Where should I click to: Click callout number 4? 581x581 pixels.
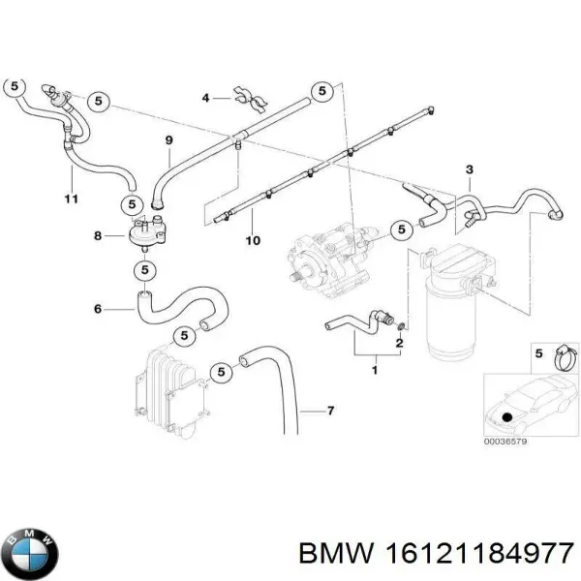click(205, 98)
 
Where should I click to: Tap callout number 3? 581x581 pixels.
click(469, 170)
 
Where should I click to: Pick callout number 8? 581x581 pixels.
click(97, 235)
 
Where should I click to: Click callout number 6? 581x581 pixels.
click(97, 310)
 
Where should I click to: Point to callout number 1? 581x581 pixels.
click(375, 369)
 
